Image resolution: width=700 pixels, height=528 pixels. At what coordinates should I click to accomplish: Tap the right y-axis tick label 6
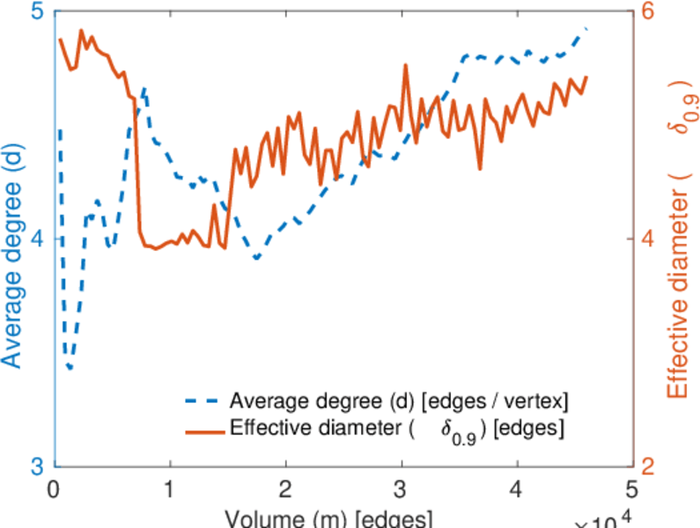(x=650, y=12)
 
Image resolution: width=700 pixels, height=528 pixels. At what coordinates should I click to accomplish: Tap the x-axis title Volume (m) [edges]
(x=328, y=517)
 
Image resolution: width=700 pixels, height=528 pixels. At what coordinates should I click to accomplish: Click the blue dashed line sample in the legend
(x=203, y=401)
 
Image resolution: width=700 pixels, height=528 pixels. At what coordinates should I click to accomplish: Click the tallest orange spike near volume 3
(x=405, y=65)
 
